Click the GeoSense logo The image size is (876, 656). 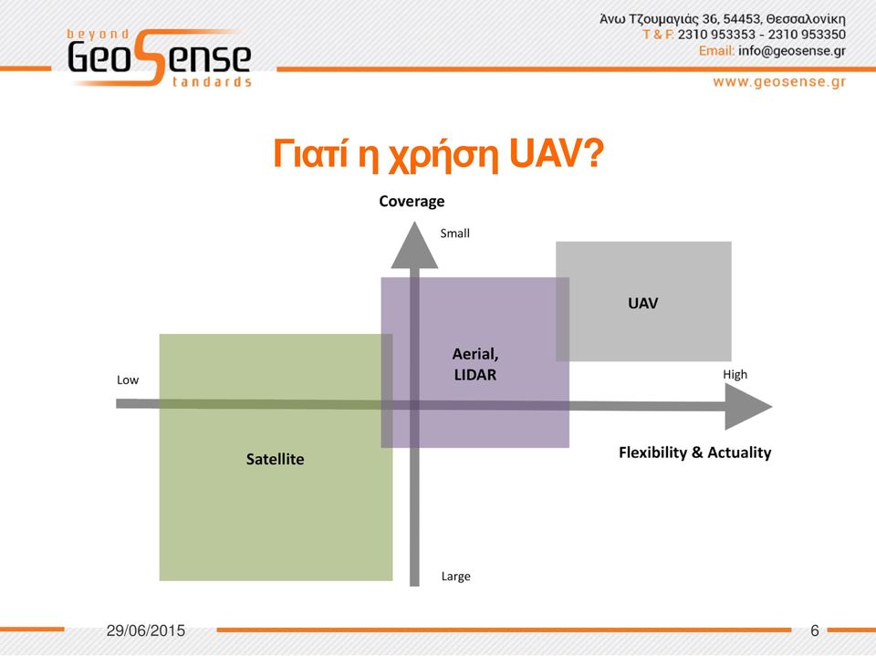point(159,57)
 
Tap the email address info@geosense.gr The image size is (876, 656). point(792,51)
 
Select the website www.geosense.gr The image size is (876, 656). point(779,82)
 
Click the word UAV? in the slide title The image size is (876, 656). point(557,153)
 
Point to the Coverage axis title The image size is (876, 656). point(412,201)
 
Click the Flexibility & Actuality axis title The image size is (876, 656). point(694,452)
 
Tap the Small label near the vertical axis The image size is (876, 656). point(454,233)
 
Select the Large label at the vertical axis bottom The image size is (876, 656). point(456,576)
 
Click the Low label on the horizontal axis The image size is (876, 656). point(128,380)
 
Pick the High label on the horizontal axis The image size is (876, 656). point(735,374)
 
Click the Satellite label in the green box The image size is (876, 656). point(275,459)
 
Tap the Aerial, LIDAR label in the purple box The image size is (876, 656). point(475,364)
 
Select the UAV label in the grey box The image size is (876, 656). point(643,304)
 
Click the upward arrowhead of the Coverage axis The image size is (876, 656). point(414,245)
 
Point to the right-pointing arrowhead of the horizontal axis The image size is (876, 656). point(748,406)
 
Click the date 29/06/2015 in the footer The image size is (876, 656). point(146,630)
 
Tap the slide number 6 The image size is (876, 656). point(815,630)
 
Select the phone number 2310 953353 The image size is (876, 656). point(716,35)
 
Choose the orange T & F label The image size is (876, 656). point(658,35)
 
